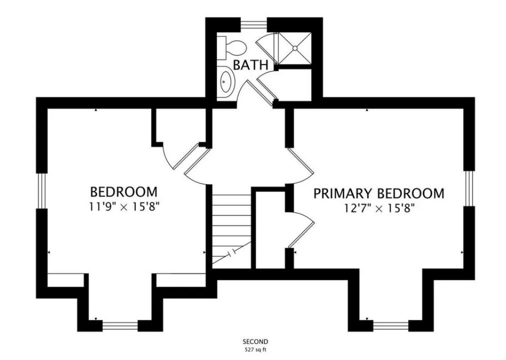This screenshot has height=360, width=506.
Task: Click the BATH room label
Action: pos(250,65)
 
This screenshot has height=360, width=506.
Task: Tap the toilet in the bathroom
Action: pos(231,48)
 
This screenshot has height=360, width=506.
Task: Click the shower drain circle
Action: pos(295,48)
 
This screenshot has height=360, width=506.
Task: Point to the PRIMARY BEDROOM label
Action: pos(379,193)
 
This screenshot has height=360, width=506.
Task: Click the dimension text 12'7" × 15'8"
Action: pos(379,208)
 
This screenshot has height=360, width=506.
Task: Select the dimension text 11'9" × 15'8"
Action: pos(125,206)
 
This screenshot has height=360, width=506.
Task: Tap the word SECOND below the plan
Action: pos(255,341)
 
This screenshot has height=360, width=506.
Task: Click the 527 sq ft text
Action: pos(255,349)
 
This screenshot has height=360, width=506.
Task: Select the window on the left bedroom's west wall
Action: pos(41,191)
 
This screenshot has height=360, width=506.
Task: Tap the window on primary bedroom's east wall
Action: pos(469,188)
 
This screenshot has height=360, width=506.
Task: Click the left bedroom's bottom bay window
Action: pos(120,325)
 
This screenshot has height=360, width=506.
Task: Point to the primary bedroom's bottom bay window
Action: pos(391,325)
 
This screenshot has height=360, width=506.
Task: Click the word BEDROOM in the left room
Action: pos(123,191)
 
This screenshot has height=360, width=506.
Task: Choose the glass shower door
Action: pos(268,48)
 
